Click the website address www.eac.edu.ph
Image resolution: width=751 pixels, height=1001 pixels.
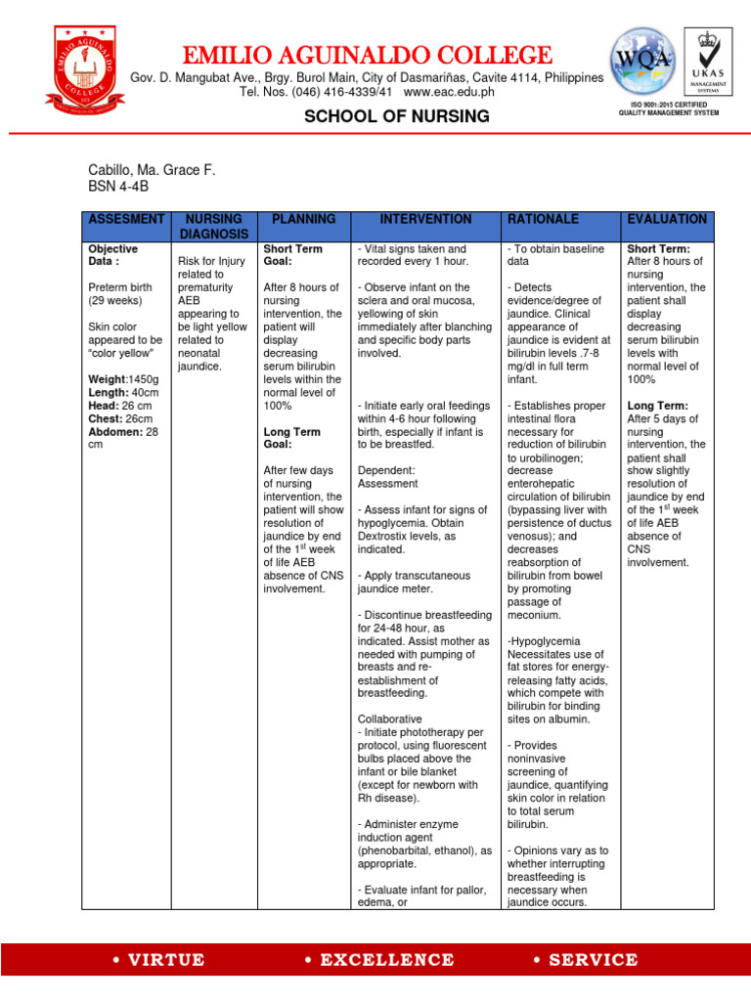[x=449, y=92]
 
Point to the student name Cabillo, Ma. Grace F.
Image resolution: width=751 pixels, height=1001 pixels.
[x=151, y=170]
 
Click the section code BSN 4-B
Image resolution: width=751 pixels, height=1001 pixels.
[x=115, y=186]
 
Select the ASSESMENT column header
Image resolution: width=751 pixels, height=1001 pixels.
[x=126, y=220]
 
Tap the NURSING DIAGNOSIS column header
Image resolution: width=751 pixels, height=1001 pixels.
[x=213, y=227]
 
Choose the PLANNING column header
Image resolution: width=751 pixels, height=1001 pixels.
[x=303, y=220]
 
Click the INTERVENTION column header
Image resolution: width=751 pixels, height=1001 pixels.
[x=425, y=220]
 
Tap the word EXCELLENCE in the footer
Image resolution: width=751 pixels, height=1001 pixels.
[x=374, y=960]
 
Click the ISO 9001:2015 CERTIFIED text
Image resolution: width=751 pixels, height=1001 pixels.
[x=668, y=104]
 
